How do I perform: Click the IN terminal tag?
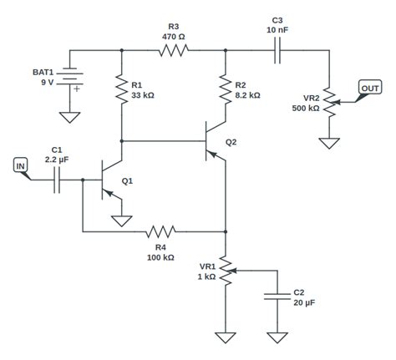tap(22, 166)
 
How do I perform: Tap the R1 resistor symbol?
tap(123, 89)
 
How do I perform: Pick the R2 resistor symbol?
tap(226, 89)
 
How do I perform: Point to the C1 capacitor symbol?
tap(58, 179)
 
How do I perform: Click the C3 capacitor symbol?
tap(277, 51)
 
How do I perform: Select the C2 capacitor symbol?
tap(276, 296)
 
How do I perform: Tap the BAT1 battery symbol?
tap(71, 80)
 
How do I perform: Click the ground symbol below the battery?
tap(71, 116)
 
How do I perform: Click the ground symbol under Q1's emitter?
tap(123, 221)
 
